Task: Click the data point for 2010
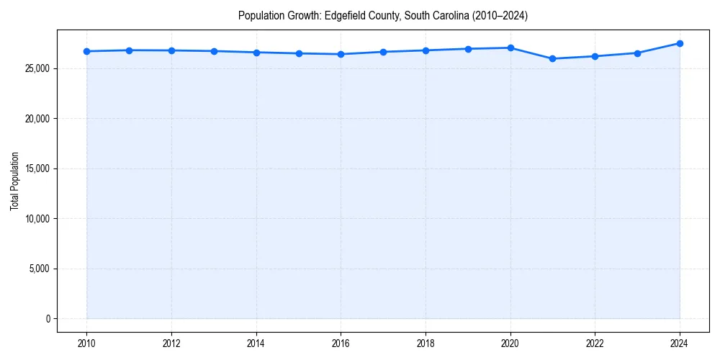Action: tap(86, 51)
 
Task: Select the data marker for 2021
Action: tap(552, 58)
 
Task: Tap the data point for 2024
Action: tap(680, 43)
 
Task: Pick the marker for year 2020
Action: tap(510, 48)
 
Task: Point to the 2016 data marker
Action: tap(341, 54)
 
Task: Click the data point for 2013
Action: tap(214, 51)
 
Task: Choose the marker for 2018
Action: tap(426, 50)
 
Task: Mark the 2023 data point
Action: tap(637, 53)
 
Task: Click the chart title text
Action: tap(382, 16)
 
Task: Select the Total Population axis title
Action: tap(14, 181)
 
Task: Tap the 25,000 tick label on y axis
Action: tap(36, 68)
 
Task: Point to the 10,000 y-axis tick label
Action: tap(36, 219)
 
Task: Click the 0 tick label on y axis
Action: tap(47, 319)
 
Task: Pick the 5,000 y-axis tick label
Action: tap(38, 269)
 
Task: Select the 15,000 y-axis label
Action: tap(36, 168)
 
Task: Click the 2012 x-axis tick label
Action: tap(171, 343)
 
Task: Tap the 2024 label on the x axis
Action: tap(680, 343)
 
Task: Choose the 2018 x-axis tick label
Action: tap(426, 343)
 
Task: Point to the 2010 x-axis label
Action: tap(86, 343)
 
